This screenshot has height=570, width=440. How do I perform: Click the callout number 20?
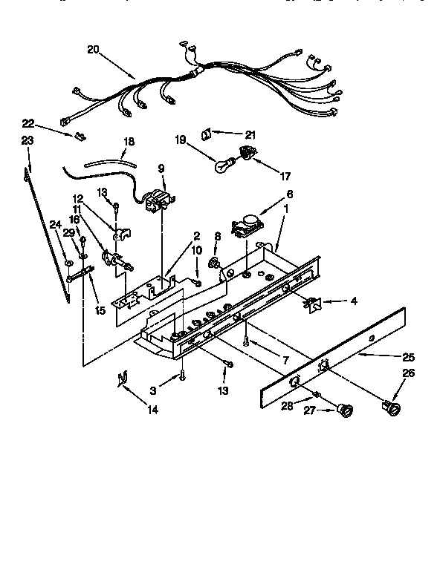(93, 50)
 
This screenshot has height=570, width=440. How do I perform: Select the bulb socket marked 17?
(243, 154)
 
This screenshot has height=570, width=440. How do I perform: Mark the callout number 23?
(28, 140)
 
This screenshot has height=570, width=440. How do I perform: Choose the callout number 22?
(28, 122)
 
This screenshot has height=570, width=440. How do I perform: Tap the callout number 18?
(129, 141)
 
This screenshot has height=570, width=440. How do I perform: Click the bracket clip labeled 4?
(313, 302)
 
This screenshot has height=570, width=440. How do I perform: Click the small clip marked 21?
(206, 134)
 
